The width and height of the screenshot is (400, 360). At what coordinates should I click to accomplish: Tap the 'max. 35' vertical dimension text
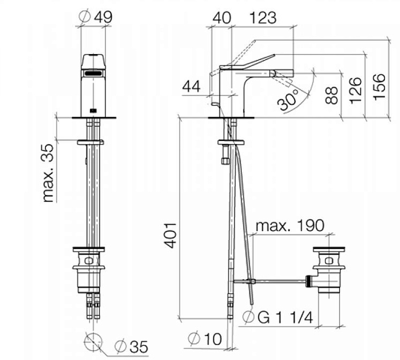pyautogui.click(x=48, y=173)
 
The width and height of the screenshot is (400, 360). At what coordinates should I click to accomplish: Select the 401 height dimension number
pyautogui.click(x=170, y=236)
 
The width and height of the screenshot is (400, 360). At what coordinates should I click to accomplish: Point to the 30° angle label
pyautogui.click(x=288, y=100)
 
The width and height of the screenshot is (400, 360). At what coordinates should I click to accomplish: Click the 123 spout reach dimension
pyautogui.click(x=263, y=18)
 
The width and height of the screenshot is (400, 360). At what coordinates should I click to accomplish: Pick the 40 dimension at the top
pyautogui.click(x=222, y=18)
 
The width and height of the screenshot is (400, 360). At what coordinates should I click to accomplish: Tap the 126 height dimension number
pyautogui.click(x=356, y=91)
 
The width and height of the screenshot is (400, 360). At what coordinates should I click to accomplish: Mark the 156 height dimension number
pyautogui.click(x=379, y=87)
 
